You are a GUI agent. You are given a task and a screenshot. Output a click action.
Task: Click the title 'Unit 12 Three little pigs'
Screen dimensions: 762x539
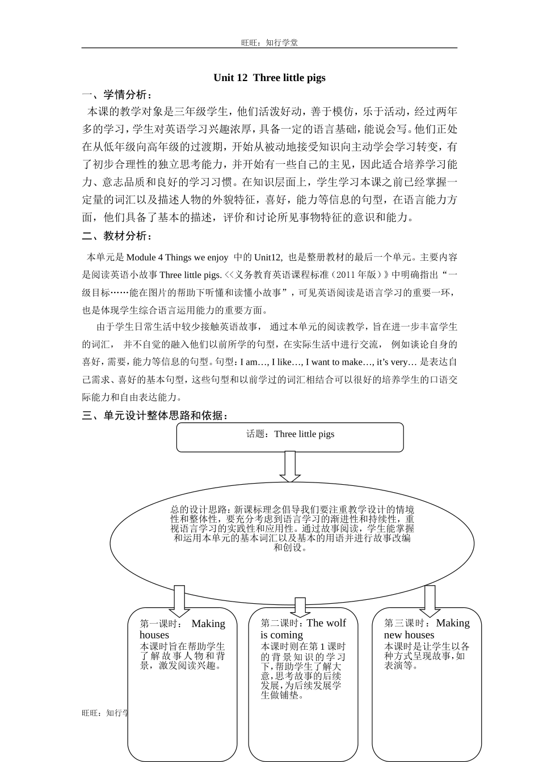(269, 78)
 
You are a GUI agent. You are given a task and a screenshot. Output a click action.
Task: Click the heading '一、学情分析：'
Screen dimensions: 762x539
(117, 95)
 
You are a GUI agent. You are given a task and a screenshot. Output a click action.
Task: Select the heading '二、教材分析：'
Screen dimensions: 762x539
(117, 236)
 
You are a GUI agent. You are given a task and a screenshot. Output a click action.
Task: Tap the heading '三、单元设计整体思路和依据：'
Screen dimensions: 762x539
(155, 416)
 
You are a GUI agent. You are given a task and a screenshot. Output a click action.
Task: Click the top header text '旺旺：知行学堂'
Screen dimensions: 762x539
(269, 43)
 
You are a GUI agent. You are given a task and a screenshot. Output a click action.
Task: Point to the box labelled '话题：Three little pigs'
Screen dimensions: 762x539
(290, 437)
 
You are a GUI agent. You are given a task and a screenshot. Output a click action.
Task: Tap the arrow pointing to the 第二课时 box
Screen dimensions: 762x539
(300, 607)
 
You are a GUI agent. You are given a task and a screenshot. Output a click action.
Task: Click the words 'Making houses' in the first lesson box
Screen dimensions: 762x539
(182, 629)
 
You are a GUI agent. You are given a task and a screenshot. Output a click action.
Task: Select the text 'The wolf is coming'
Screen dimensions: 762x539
(304, 629)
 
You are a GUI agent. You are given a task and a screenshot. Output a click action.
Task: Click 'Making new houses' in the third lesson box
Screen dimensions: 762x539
(427, 628)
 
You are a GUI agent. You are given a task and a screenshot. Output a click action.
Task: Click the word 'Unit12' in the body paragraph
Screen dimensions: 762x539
(268, 257)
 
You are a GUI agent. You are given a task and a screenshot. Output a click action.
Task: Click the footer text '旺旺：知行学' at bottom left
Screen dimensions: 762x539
(105, 713)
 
